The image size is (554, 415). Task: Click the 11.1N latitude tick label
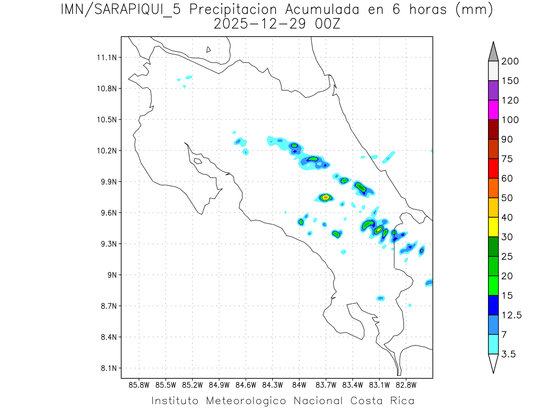coord(106,58)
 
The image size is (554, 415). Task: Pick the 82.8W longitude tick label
coord(406,385)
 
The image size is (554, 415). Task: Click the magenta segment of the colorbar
coord(493,110)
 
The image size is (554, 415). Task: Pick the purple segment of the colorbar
coord(493,90)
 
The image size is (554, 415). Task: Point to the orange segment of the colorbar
coord(493,188)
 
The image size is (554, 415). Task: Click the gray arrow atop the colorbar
coord(493,51)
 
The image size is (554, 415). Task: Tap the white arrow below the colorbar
coord(493,363)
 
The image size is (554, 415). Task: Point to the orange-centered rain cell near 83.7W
coord(326,197)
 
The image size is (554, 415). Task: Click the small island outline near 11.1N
coord(209,49)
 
